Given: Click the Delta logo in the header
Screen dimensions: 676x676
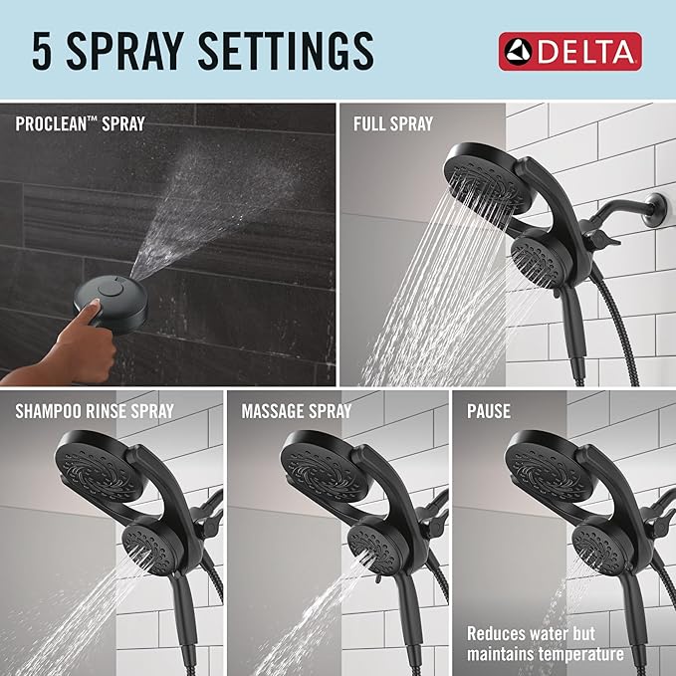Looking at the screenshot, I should point(569,51).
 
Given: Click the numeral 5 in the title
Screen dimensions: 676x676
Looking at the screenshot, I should point(42,50).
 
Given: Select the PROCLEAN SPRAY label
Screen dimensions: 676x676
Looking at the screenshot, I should point(80,124).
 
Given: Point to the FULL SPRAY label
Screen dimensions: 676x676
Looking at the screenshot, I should point(393,124).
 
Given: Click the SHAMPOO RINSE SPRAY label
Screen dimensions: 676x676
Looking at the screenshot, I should point(95,410).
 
